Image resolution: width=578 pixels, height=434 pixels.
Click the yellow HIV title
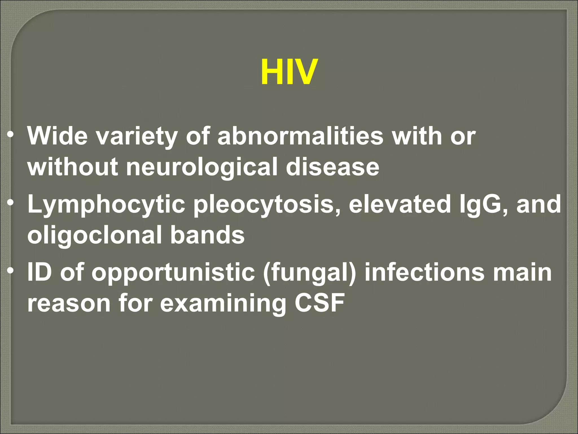tap(289, 72)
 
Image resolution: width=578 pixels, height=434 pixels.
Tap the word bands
tap(207, 235)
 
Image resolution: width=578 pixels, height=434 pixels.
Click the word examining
tap(223, 303)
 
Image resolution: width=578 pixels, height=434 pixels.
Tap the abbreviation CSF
tap(319, 303)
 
